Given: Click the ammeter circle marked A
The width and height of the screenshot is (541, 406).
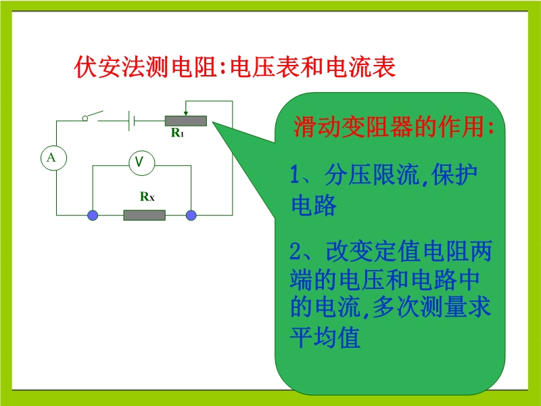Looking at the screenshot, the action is (x=53, y=158).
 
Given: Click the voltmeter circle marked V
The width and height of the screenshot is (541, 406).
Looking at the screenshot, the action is (x=142, y=163).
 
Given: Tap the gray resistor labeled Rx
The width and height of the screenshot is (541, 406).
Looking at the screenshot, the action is (x=144, y=215).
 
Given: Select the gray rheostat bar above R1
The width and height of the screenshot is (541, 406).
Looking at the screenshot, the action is (x=185, y=121).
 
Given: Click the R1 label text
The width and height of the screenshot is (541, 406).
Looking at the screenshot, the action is (x=177, y=133).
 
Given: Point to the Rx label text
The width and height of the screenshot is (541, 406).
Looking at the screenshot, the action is (x=147, y=197).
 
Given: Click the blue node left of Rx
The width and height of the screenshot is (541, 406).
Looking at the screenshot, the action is (x=93, y=215).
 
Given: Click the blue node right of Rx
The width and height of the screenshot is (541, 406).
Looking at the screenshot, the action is (x=191, y=215).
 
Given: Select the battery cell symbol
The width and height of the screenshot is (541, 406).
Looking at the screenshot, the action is (x=131, y=121).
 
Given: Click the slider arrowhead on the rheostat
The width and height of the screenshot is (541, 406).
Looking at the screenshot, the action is (x=185, y=113).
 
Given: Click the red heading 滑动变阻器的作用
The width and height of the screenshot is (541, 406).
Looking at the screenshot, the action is (x=390, y=127).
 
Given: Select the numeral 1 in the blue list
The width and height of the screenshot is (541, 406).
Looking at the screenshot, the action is (x=295, y=175).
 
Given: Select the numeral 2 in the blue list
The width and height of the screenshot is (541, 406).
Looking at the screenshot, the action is (x=296, y=251).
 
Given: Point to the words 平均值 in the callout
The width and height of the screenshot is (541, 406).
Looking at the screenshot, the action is (x=325, y=336).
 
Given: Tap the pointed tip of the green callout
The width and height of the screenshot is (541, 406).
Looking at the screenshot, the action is (x=213, y=122).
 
